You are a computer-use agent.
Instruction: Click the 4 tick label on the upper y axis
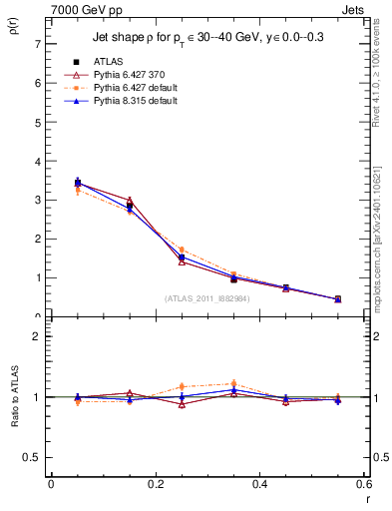[x=36, y=162]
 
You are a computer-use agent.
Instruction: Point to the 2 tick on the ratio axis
[x=36, y=336]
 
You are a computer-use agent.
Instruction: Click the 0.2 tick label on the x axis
[x=155, y=484]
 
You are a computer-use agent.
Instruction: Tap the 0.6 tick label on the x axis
[x=363, y=484]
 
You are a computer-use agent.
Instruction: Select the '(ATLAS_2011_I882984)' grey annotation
[x=206, y=298]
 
